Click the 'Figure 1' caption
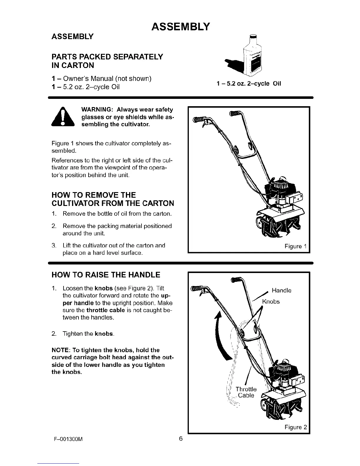[x=296, y=246]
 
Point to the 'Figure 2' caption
[x=296, y=427]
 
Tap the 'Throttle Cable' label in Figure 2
[x=246, y=392]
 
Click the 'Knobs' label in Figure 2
[x=271, y=302]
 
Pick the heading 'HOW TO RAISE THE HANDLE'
[x=106, y=275]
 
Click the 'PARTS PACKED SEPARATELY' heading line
[x=107, y=56]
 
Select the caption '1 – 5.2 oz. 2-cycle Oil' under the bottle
[x=249, y=84]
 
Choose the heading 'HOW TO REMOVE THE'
[x=94, y=195]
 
